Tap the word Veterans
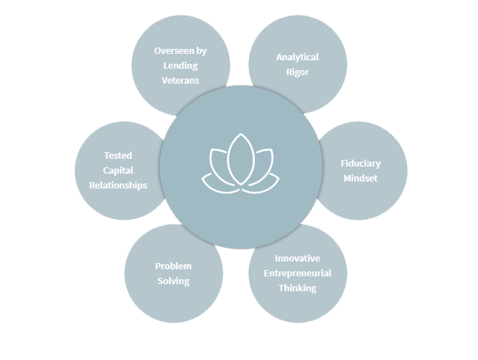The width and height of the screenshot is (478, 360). [180, 80]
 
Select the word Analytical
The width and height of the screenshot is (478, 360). [297, 57]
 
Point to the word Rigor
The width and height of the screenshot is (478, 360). [297, 72]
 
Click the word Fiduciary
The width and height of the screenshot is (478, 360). [360, 163]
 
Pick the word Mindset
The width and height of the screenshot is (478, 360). [360, 178]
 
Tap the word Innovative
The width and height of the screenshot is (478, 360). [297, 258]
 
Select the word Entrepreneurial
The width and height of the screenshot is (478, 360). [297, 273]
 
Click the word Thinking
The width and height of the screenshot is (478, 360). [297, 288]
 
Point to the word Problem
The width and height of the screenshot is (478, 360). [173, 266]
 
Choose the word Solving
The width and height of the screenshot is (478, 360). [173, 281]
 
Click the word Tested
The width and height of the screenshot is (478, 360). [118, 155]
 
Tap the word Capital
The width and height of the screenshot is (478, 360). [118, 170]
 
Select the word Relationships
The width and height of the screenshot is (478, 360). [118, 185]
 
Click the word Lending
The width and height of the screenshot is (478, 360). [180, 65]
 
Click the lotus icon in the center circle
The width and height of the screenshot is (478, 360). [240, 164]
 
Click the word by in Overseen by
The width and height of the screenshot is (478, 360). [201, 50]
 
